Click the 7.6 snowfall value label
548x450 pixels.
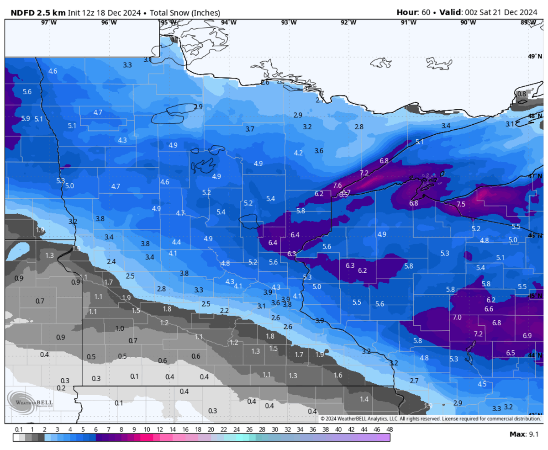pyautogui.click(x=337, y=185)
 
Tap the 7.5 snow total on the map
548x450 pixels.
pyautogui.click(x=460, y=204)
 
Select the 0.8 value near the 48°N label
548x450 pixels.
pyautogui.click(x=521, y=94)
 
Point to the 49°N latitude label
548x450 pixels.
pyautogui.click(x=534, y=56)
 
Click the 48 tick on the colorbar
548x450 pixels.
pyautogui.click(x=389, y=430)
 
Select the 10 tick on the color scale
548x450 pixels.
pyautogui.click(x=147, y=430)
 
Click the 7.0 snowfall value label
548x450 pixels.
pyautogui.click(x=457, y=317)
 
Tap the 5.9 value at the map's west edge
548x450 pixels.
pyautogui.click(x=26, y=118)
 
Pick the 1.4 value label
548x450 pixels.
pyautogui.click(x=364, y=399)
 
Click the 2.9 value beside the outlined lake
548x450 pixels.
pyautogui.click(x=198, y=106)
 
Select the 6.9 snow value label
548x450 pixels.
pyautogui.click(x=527, y=335)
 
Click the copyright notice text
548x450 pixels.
pyautogui.click(x=430, y=418)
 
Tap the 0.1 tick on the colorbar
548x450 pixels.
pyautogui.click(x=19, y=430)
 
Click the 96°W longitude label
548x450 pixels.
pyautogui.click(x=108, y=22)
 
